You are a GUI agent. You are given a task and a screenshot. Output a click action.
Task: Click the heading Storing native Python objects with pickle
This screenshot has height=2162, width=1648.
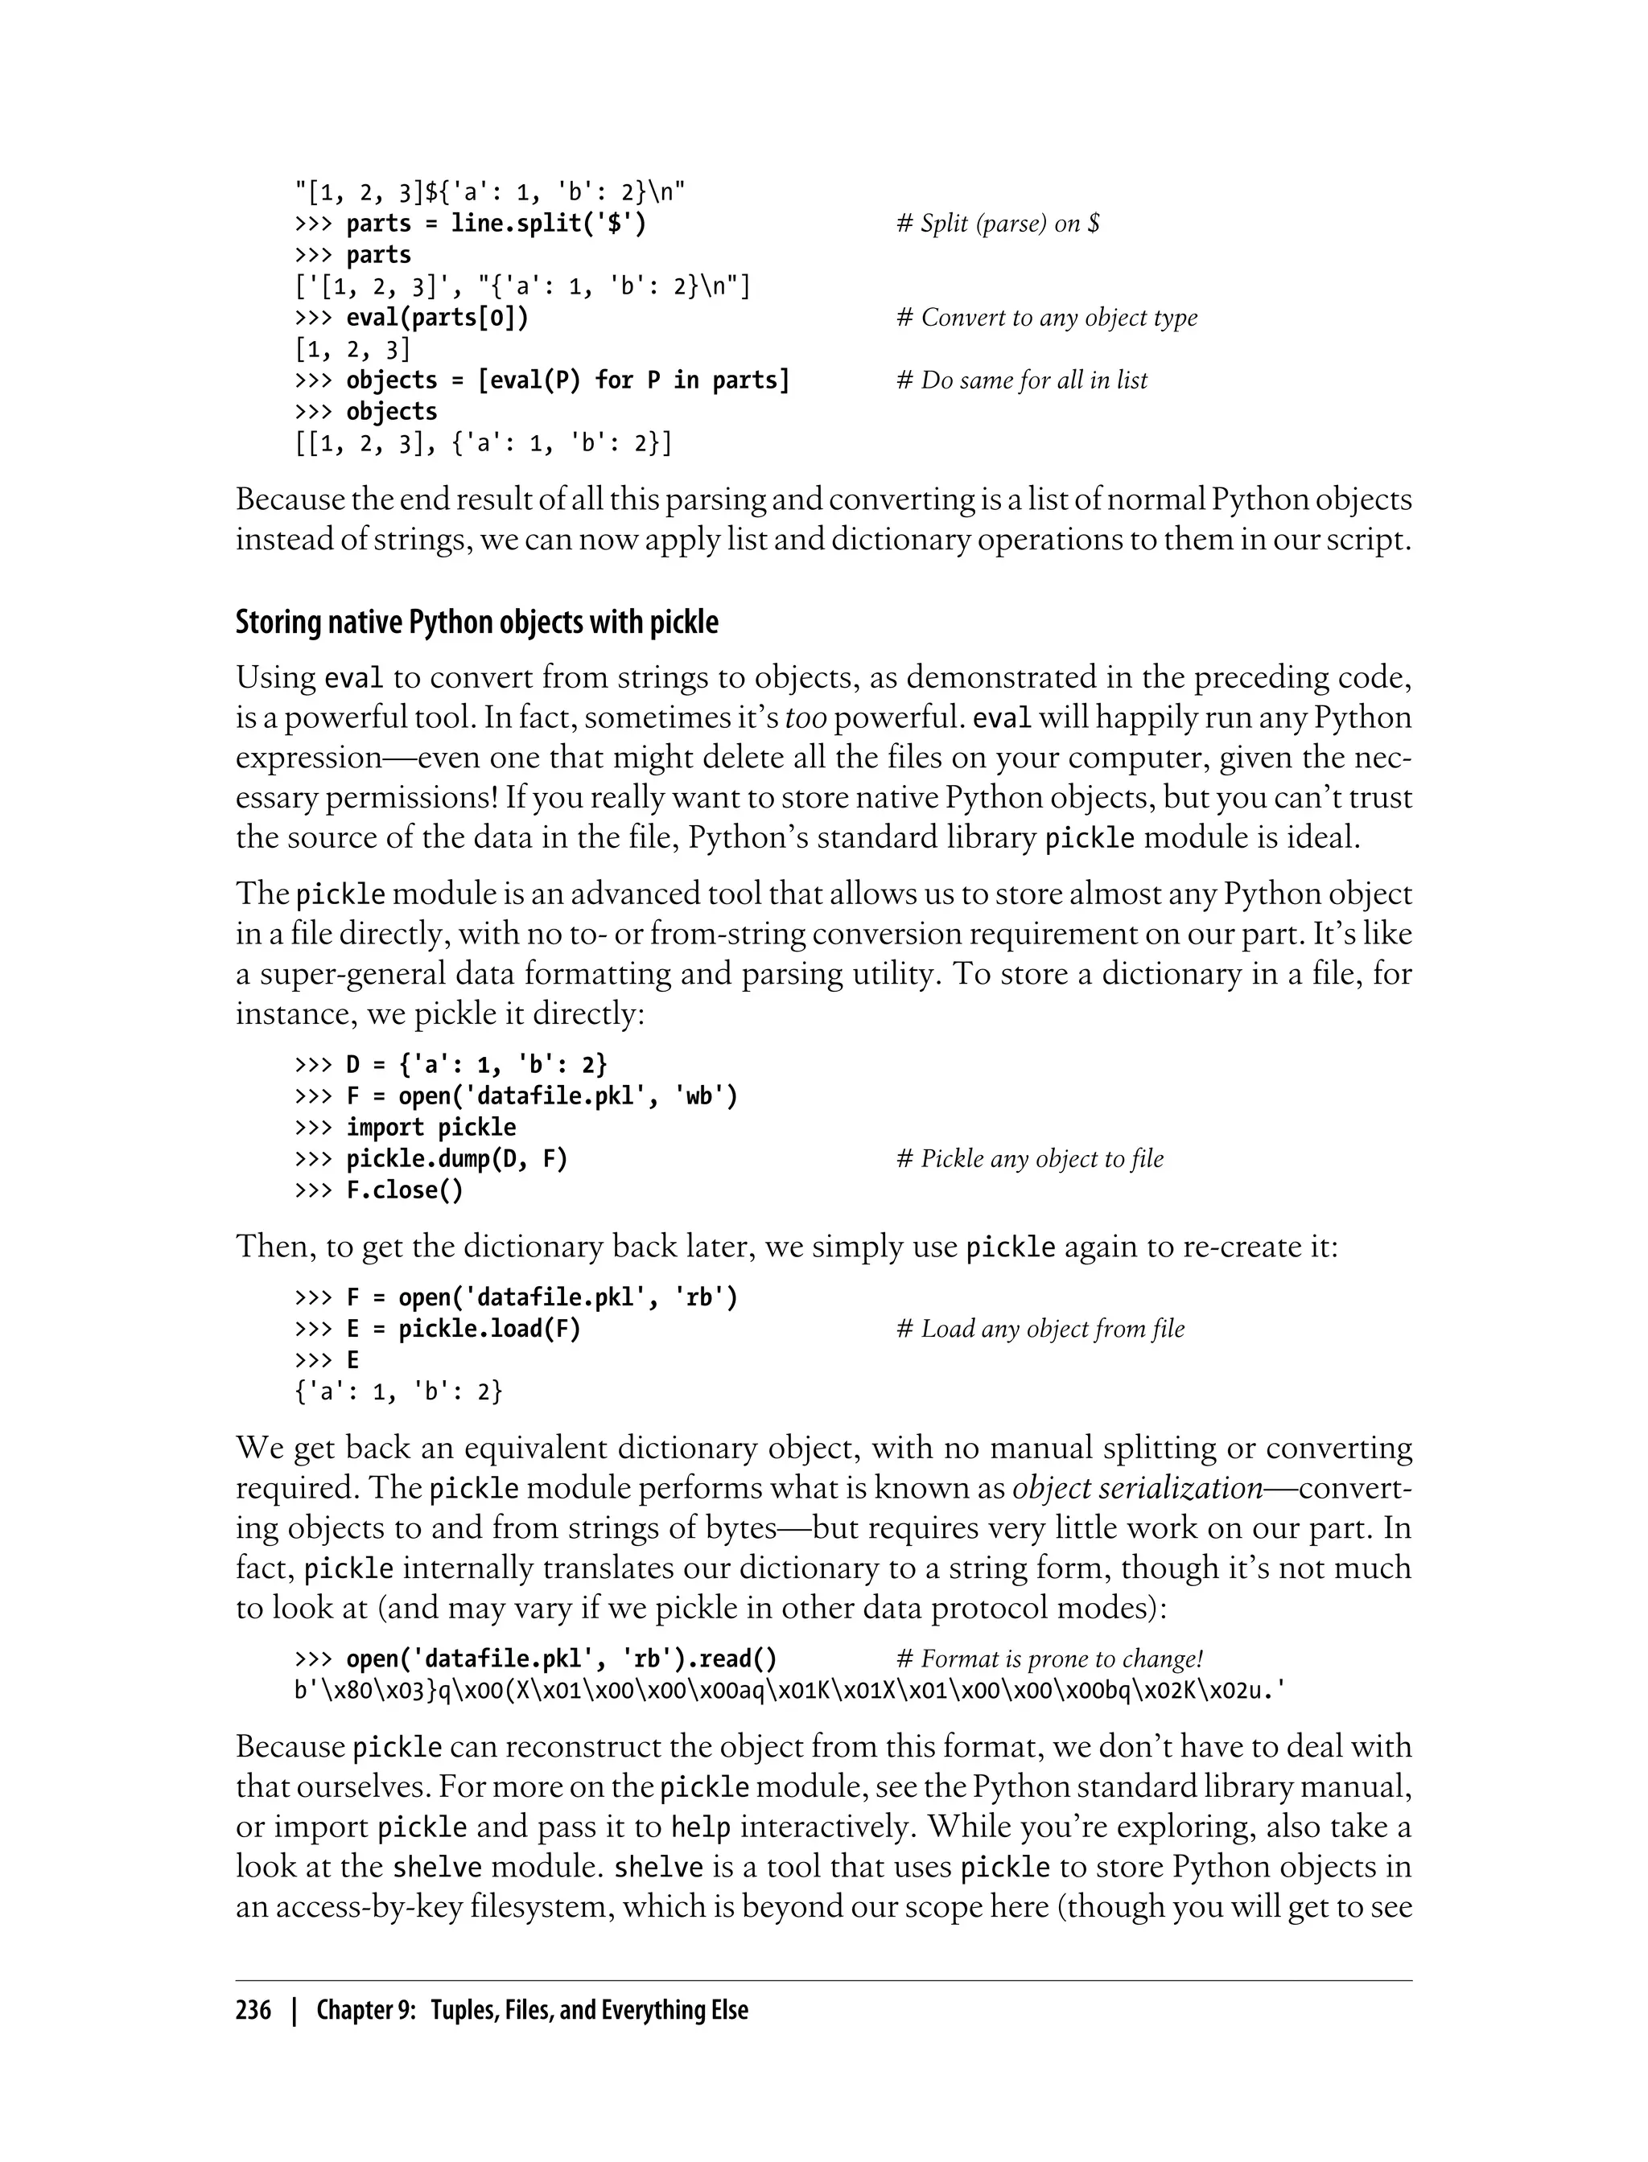[476, 623]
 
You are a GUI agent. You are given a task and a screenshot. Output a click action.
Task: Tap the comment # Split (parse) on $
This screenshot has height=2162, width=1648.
[998, 224]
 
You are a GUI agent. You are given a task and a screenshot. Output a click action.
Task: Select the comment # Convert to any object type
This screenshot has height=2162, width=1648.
[1047, 318]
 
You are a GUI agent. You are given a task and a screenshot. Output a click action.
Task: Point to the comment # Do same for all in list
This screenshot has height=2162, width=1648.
[1021, 380]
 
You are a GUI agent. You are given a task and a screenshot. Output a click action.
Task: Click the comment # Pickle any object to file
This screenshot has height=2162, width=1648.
[1030, 1159]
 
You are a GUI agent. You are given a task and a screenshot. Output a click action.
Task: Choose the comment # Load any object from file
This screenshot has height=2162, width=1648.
[1040, 1329]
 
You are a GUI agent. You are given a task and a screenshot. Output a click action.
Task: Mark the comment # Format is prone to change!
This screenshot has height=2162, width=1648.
[1049, 1659]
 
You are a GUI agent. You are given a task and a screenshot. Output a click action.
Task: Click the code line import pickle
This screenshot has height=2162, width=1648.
[431, 1128]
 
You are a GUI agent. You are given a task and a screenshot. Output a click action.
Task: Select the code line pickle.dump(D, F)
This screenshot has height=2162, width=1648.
[456, 1159]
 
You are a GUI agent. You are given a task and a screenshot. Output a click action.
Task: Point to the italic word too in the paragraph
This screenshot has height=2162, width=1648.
[805, 719]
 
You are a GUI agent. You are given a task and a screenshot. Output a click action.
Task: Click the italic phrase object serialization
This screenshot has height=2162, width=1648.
[1137, 1489]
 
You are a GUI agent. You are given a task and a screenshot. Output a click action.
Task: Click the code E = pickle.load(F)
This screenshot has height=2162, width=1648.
[463, 1329]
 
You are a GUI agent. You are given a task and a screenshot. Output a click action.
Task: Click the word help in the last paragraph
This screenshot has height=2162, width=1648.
[700, 1827]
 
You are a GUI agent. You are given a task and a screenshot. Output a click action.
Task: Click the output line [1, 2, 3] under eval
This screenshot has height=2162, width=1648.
[352, 349]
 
